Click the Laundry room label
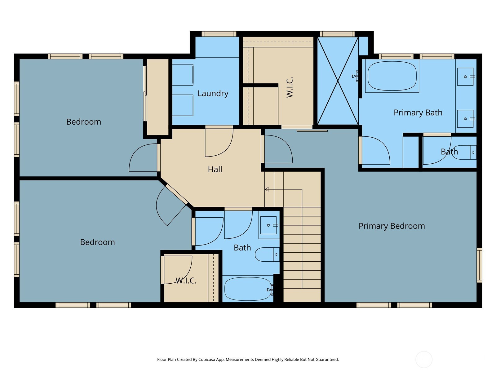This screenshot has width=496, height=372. [x=213, y=93]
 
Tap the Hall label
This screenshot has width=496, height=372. [x=215, y=169]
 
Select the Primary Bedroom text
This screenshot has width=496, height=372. [x=392, y=226]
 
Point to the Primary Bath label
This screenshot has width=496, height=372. [x=418, y=113]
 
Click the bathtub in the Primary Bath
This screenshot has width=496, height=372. [x=392, y=76]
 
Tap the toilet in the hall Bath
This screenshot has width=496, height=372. [x=267, y=255]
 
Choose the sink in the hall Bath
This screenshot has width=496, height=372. [x=269, y=225]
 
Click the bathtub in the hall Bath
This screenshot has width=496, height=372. [x=248, y=289]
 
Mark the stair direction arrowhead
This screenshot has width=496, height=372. [x=267, y=189]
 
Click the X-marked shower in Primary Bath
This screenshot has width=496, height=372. [x=338, y=81]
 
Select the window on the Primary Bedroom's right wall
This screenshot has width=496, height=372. [x=479, y=265]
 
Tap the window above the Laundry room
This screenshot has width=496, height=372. [x=219, y=34]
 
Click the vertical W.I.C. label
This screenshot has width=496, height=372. [x=290, y=87]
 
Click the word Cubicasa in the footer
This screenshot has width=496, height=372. [x=207, y=359]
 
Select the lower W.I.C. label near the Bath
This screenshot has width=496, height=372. [x=186, y=281]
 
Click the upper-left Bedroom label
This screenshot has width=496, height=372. [x=84, y=122]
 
